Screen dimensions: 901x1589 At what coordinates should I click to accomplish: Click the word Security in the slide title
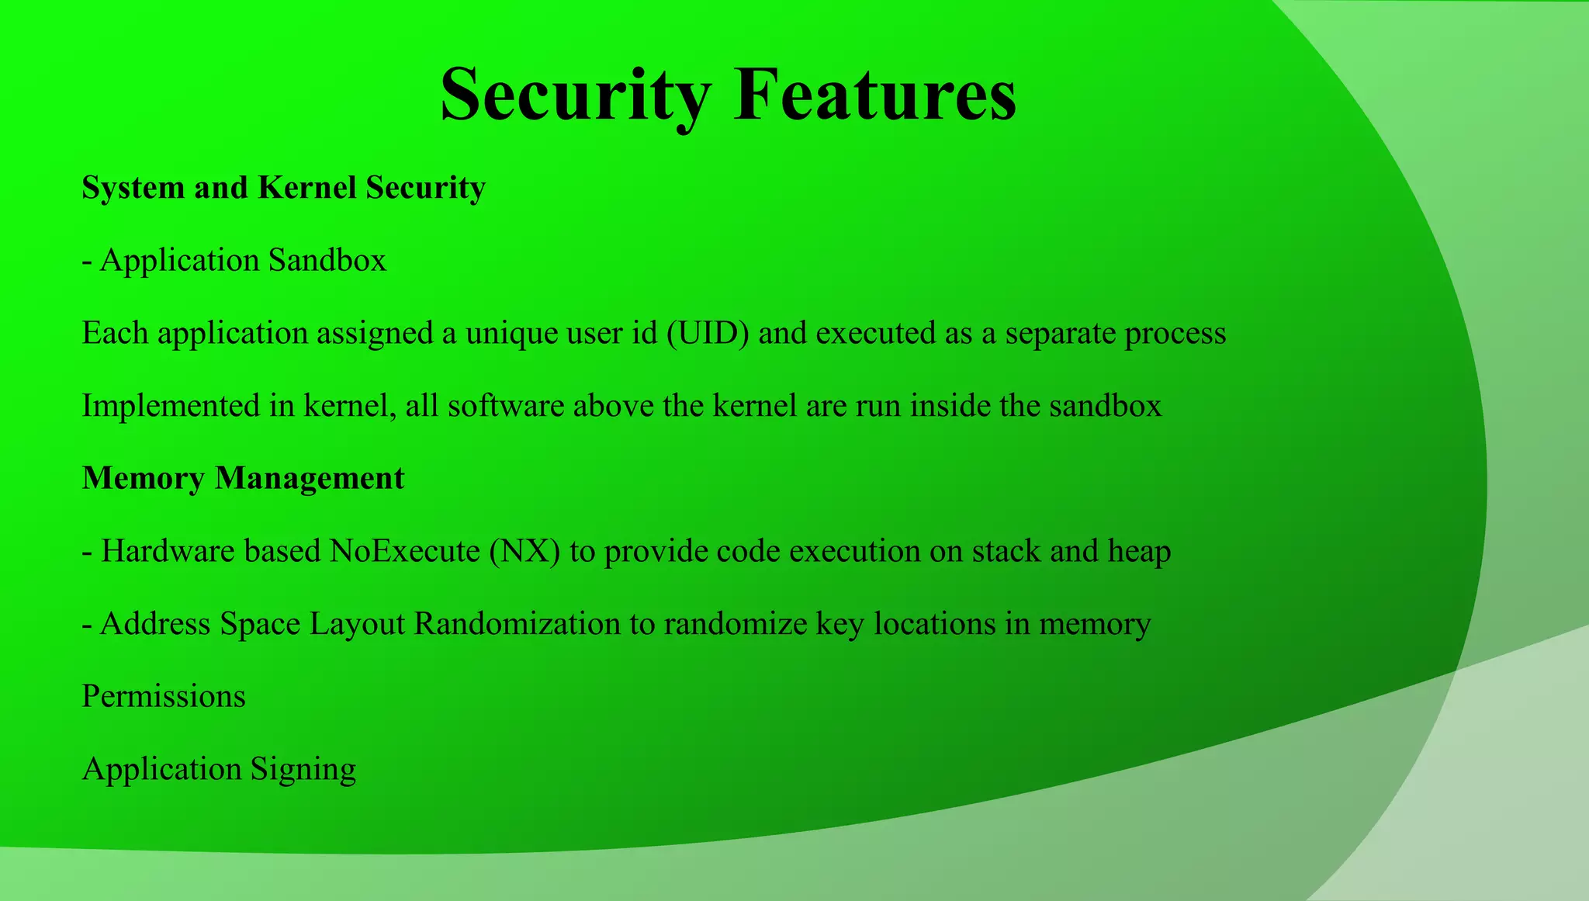pyautogui.click(x=575, y=95)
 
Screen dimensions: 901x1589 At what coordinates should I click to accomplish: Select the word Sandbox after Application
pyautogui.click(x=327, y=260)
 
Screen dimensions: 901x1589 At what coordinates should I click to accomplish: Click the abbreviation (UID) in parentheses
pyautogui.click(x=708, y=333)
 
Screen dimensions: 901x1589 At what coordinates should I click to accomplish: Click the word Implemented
pyautogui.click(x=171, y=405)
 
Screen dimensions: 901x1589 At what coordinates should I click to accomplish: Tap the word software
pyautogui.click(x=506, y=405)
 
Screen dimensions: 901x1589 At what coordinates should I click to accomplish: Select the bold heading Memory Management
pyautogui.click(x=243, y=478)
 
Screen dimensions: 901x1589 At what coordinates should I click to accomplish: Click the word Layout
pyautogui.click(x=357, y=623)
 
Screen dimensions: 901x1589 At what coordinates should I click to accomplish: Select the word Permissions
pyautogui.click(x=164, y=696)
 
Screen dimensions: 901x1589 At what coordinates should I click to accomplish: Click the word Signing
pyautogui.click(x=303, y=769)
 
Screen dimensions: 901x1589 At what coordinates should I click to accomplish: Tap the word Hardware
pyautogui.click(x=168, y=551)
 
